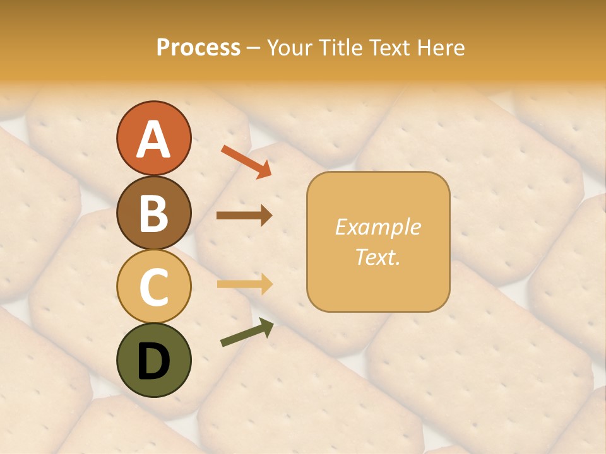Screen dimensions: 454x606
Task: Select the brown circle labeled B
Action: coord(153,212)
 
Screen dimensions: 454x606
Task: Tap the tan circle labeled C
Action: coord(153,286)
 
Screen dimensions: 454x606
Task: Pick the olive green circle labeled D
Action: coord(153,360)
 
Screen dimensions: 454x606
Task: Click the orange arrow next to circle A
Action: coord(246,161)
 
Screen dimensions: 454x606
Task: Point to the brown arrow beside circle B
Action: coord(244,216)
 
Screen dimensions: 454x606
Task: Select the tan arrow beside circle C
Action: coord(244,284)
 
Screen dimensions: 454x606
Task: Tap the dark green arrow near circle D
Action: coord(247,333)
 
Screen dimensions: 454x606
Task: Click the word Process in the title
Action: coord(198,48)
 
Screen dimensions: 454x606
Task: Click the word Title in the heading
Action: coord(340,48)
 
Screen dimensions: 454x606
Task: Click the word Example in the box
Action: coord(377,227)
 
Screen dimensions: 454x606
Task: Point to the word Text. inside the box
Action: coord(377,257)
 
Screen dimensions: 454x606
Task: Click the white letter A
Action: coord(153,139)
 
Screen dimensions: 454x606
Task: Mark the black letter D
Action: coord(153,361)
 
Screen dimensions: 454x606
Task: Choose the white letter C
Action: coord(153,288)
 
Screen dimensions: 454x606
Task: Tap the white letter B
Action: coord(153,213)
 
